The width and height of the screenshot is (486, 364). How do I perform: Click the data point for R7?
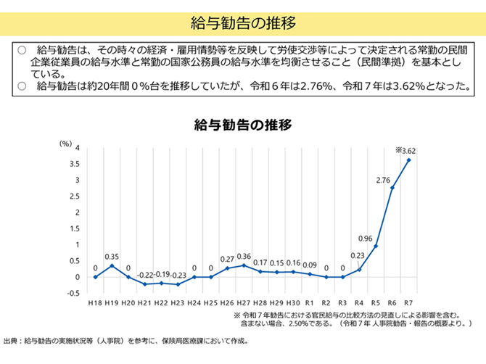(x=409, y=160)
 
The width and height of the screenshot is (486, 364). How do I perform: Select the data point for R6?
(x=392, y=188)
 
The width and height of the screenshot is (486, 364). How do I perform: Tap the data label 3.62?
(x=406, y=151)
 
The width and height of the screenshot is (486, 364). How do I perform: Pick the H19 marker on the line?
(x=112, y=265)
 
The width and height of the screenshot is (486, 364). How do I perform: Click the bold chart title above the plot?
(x=242, y=124)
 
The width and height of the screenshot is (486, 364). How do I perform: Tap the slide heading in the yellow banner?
(x=242, y=22)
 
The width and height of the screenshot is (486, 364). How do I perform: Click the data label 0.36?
(x=244, y=256)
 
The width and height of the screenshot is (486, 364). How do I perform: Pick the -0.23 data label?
(x=178, y=275)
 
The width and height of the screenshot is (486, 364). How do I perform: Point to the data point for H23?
(x=178, y=284)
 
